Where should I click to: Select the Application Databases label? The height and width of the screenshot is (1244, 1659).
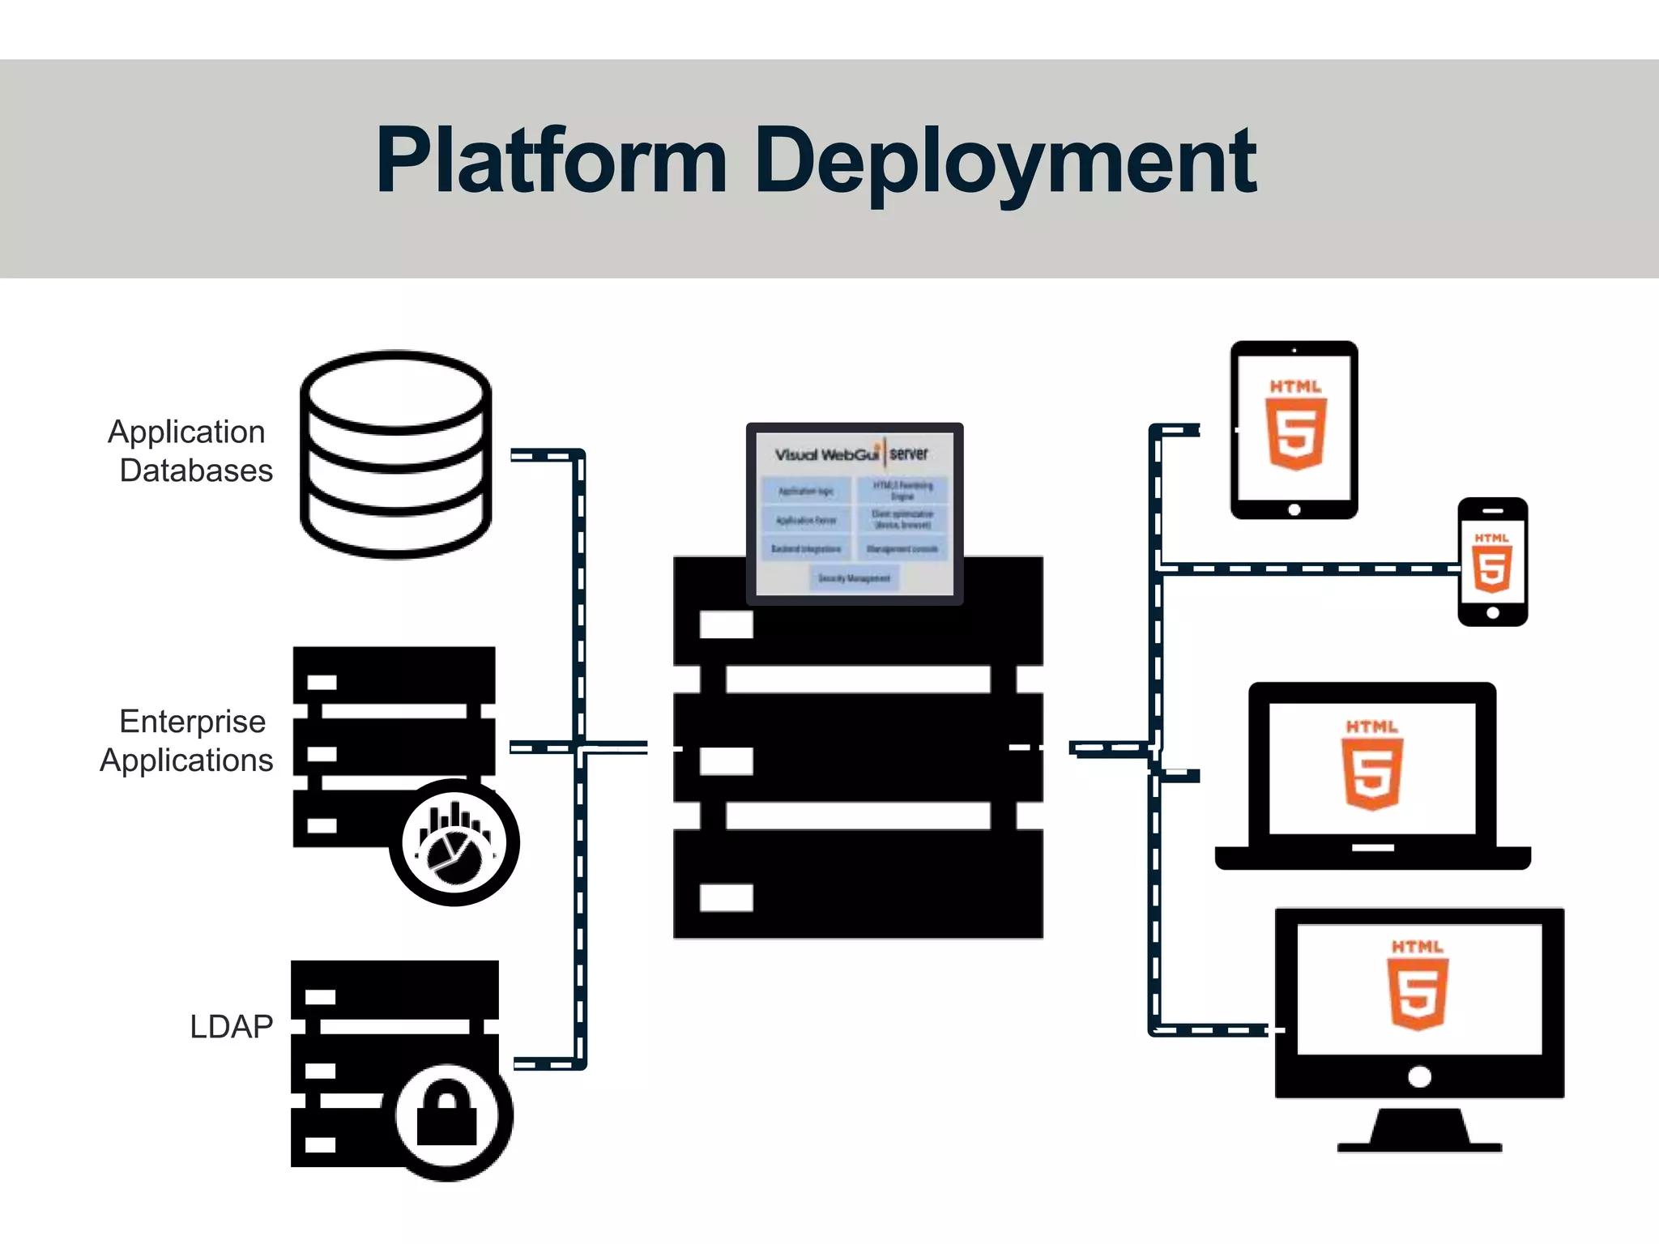(190, 451)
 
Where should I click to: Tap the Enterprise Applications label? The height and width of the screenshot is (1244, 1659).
(188, 740)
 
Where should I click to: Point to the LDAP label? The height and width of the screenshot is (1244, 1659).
(231, 1026)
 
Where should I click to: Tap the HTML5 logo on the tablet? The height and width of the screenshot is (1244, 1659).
(1295, 425)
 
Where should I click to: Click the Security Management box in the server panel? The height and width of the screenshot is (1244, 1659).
(854, 578)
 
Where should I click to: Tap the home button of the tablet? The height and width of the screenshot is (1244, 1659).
(1294, 509)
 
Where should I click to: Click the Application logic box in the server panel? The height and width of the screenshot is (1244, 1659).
(805, 491)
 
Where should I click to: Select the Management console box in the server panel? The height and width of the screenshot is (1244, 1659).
(902, 549)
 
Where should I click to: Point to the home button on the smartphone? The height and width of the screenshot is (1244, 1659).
(1493, 613)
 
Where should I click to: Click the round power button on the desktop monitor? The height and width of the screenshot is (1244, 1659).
(1419, 1077)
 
